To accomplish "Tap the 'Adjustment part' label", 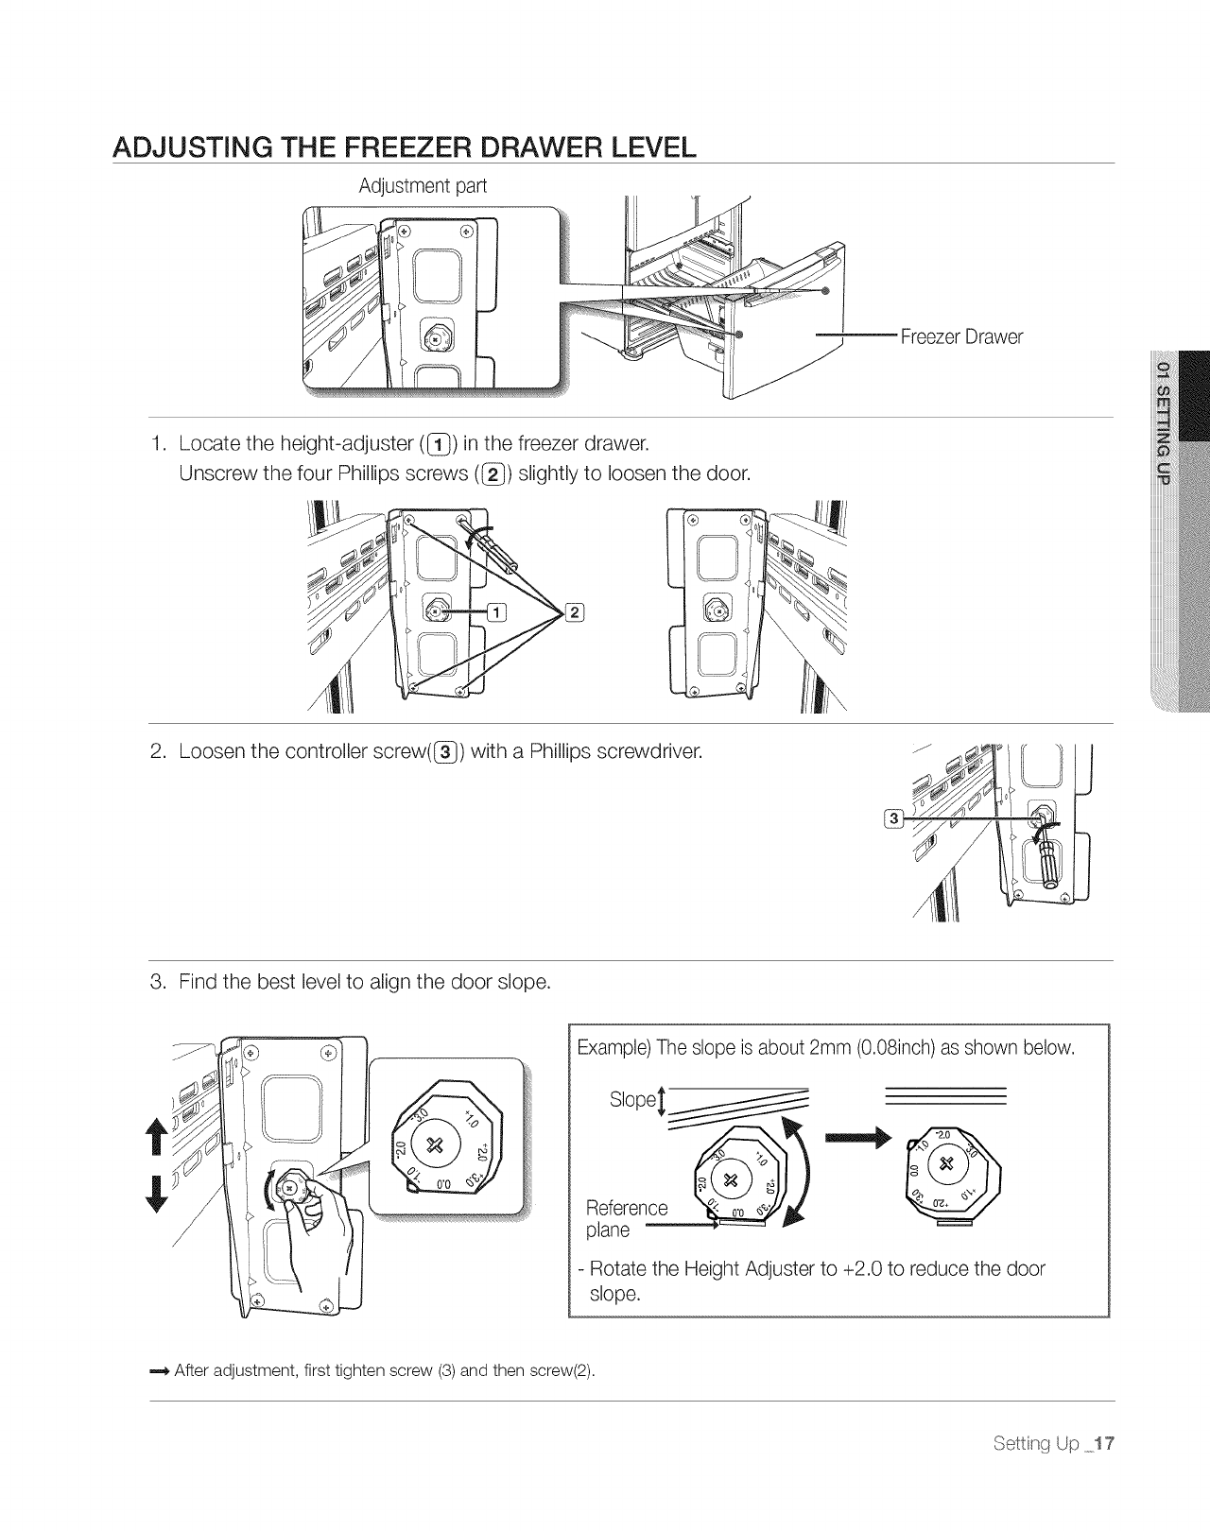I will tap(423, 186).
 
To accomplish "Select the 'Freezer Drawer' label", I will tap(961, 336).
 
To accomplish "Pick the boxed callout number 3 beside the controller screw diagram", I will tap(891, 817).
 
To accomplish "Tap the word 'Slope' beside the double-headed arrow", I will tap(631, 1099).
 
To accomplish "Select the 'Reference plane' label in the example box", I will tap(626, 1218).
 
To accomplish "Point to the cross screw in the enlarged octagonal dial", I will tap(436, 1144).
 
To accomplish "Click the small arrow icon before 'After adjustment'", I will tap(160, 1371).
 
